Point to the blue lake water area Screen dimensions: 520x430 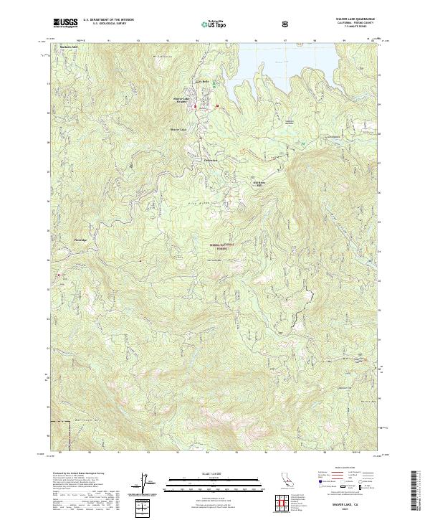pos(287,61)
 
